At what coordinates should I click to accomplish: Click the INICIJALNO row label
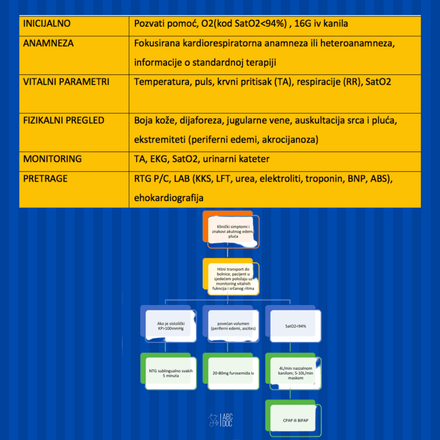click(x=46, y=24)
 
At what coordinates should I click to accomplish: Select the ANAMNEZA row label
click(x=48, y=43)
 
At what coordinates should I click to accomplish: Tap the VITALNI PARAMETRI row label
click(x=66, y=81)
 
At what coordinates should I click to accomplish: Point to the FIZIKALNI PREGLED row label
click(x=64, y=120)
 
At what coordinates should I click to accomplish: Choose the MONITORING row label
click(x=53, y=159)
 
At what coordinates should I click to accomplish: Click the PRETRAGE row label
click(x=45, y=179)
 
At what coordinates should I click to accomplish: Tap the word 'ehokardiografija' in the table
click(x=169, y=198)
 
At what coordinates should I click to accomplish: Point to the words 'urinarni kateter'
click(x=236, y=159)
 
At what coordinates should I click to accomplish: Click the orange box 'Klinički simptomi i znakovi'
click(x=231, y=229)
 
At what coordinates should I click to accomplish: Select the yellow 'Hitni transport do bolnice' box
click(x=231, y=277)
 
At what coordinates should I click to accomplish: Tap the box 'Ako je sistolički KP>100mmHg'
click(x=169, y=324)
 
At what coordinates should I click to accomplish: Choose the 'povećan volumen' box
click(x=231, y=324)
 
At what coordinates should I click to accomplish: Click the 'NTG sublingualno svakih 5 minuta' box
click(x=169, y=371)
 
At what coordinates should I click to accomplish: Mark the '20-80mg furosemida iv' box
click(x=231, y=371)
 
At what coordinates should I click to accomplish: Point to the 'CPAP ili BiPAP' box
click(x=293, y=418)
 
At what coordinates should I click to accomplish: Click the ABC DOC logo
click(x=220, y=420)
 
